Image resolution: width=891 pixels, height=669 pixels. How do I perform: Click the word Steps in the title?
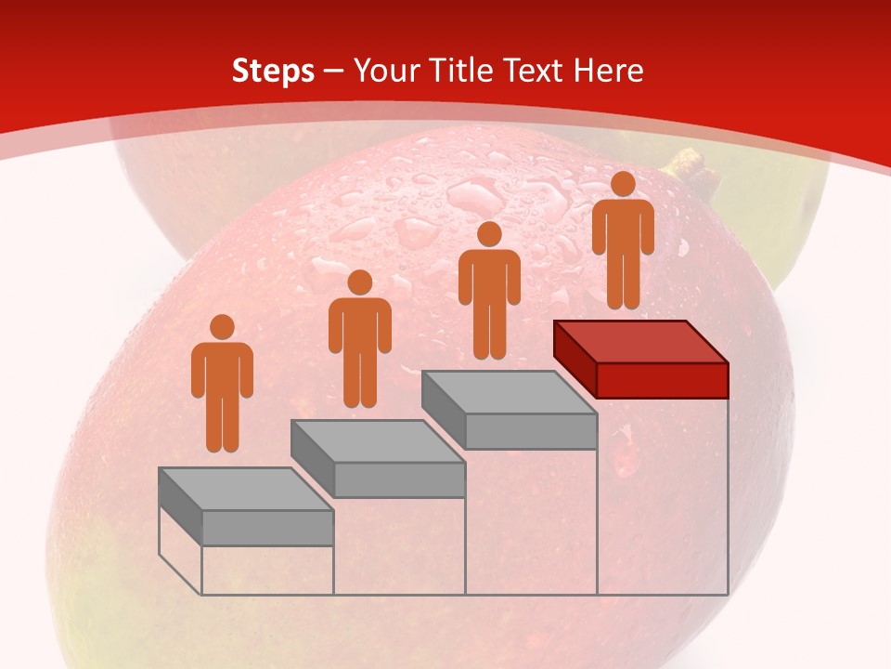coord(273,71)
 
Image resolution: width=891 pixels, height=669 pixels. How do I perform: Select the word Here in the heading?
coord(609,70)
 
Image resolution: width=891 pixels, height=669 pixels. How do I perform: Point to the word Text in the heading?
coord(536,70)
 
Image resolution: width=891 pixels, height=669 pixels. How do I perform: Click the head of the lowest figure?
coord(222,327)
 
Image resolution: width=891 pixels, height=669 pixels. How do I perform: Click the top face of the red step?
coord(640,341)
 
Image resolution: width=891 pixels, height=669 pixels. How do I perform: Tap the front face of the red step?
coord(662,380)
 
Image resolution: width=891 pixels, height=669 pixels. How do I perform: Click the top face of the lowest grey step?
coord(246,489)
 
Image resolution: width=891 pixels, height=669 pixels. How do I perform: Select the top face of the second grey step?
coord(377,440)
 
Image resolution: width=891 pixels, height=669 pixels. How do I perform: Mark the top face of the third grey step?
coord(509,392)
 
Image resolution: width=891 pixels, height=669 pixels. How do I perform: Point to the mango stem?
coord(689,166)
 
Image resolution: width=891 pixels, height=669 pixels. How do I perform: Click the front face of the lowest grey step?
coord(267,528)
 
